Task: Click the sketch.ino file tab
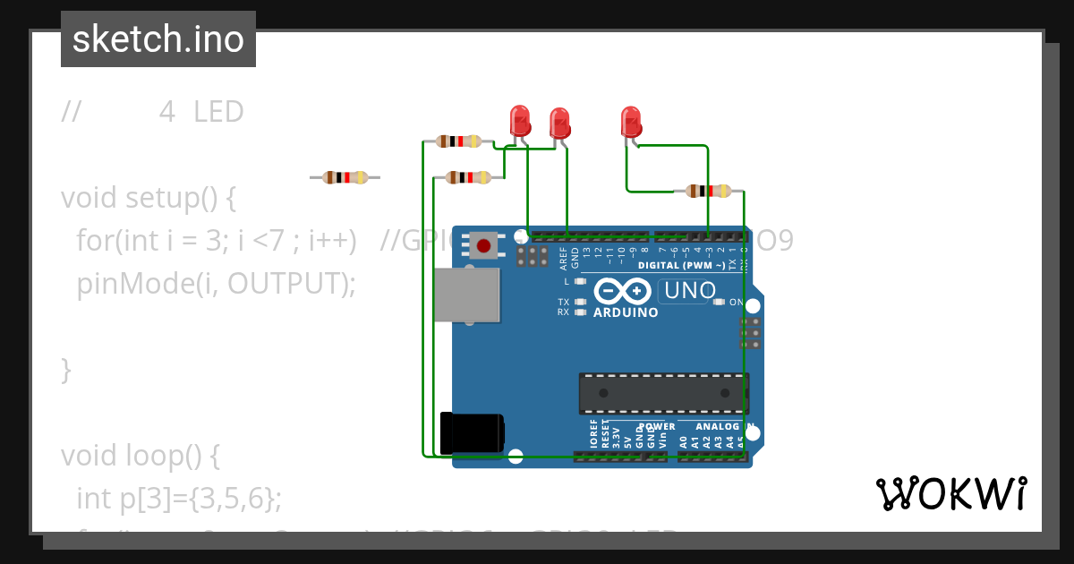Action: point(158,39)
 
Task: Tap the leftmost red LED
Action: point(519,120)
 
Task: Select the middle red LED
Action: point(559,123)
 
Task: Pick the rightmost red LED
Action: point(631,121)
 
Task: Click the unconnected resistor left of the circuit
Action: point(345,177)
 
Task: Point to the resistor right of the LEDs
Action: point(708,191)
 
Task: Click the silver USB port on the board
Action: point(466,295)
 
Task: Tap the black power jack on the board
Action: point(472,432)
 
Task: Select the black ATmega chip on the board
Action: point(663,392)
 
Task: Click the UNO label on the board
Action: point(689,291)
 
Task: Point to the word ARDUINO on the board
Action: point(626,313)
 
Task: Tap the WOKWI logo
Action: point(951,493)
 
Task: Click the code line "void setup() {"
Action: point(148,198)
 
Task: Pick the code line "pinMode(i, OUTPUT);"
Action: point(216,284)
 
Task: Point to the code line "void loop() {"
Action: point(140,456)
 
